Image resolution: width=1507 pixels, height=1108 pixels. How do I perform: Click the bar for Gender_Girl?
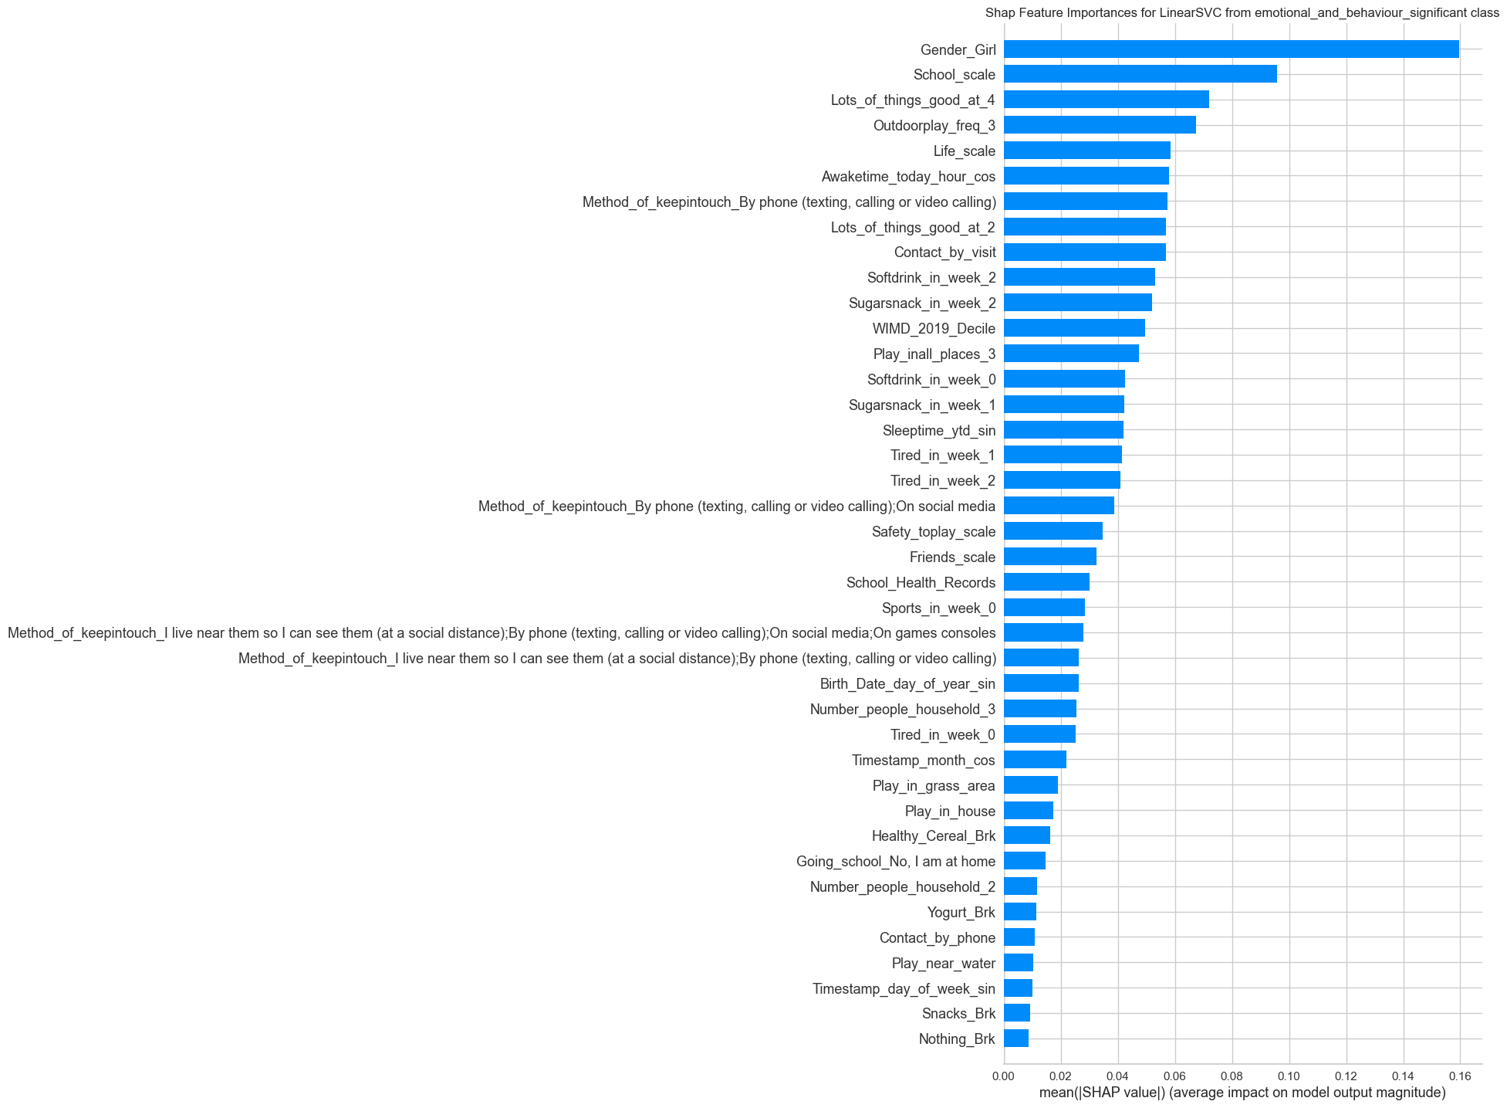tap(1231, 49)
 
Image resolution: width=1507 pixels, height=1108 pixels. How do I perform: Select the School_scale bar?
tap(1140, 74)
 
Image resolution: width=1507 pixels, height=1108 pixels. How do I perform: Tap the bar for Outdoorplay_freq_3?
tap(1100, 125)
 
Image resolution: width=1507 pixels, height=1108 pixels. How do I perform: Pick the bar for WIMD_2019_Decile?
tap(1074, 328)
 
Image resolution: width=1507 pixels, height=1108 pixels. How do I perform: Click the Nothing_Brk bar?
tap(1015, 1039)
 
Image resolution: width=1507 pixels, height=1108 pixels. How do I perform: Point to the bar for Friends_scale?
tap(1049, 557)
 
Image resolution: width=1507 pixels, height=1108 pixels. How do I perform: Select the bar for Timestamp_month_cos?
tap(1035, 760)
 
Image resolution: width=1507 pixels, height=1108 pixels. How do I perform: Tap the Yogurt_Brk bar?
tap(1019, 912)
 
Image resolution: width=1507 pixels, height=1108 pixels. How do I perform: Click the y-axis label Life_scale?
tap(964, 151)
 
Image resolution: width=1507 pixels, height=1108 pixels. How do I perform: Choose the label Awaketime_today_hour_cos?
tap(908, 176)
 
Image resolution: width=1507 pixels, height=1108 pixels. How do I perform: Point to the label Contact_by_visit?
tap(944, 252)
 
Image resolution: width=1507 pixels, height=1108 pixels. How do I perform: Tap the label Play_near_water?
tap(943, 963)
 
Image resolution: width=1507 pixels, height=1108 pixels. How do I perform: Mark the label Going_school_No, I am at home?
tap(895, 861)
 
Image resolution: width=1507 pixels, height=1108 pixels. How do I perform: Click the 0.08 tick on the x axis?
tap(1232, 1076)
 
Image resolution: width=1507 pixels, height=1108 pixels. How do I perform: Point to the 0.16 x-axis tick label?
tap(1460, 1076)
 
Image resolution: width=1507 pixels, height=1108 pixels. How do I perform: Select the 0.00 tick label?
tap(1003, 1076)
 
